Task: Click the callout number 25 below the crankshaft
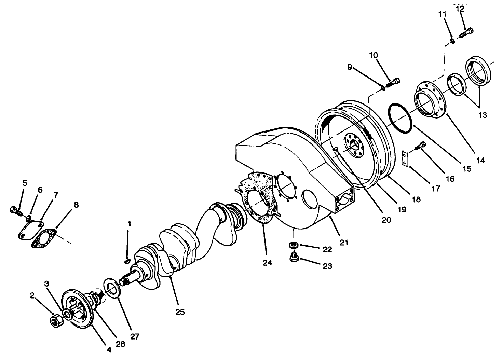[180, 312]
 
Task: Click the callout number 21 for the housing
[343, 243]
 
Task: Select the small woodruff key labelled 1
[127, 261]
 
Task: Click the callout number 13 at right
[482, 115]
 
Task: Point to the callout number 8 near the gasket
[76, 205]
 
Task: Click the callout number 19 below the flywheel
[402, 209]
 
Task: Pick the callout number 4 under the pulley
[109, 350]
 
